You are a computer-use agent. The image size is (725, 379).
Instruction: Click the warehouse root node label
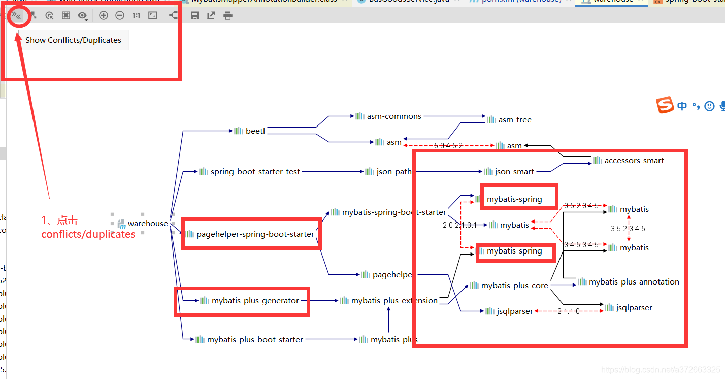[x=147, y=224]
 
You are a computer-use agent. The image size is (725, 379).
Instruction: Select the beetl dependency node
[x=255, y=131]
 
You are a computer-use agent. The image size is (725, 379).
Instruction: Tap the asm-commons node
[x=393, y=116]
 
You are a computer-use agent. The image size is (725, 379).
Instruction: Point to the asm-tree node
[x=514, y=120]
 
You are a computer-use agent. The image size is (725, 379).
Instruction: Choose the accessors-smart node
[x=634, y=161]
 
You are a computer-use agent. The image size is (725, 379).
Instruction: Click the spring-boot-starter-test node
[x=255, y=172]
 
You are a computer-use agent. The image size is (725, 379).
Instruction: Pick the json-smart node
[x=514, y=172]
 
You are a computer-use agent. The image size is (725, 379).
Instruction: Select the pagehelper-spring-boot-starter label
[x=255, y=234]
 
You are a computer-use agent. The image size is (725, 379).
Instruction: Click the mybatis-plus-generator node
[x=255, y=301]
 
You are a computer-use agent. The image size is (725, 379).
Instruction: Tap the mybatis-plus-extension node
[x=394, y=301]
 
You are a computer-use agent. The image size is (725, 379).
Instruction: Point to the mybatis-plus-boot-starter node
[x=255, y=340]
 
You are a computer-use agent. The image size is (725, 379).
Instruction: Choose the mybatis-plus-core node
[x=514, y=286]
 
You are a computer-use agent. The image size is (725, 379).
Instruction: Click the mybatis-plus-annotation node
[x=634, y=282]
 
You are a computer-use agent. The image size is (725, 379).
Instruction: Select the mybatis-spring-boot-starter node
[x=393, y=212]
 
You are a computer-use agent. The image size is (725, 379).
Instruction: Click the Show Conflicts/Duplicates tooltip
[x=74, y=40]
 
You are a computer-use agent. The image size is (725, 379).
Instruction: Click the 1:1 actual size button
[x=136, y=16]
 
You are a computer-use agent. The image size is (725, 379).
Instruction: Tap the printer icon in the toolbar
[x=228, y=16]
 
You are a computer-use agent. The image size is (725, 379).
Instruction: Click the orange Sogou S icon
[x=665, y=105]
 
